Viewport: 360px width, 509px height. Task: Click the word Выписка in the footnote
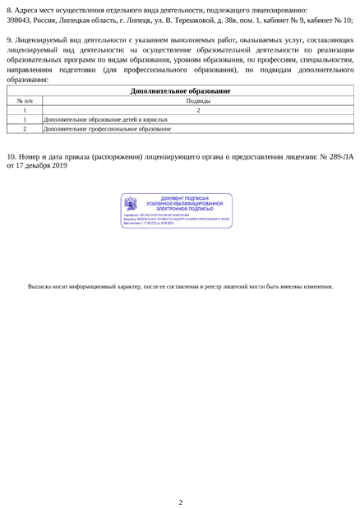pyautogui.click(x=39, y=286)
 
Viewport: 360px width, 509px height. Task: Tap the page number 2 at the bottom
pyautogui.click(x=180, y=479)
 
